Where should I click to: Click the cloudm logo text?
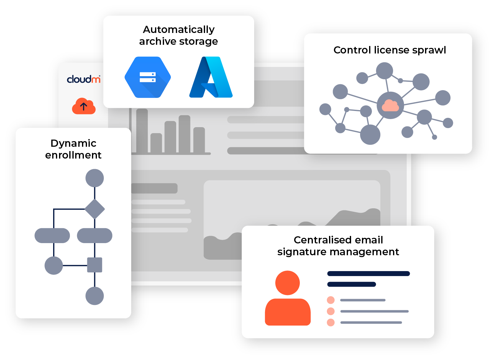tap(83, 79)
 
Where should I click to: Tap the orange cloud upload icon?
tap(84, 106)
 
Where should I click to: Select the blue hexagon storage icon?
tap(148, 77)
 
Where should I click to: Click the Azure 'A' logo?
tap(211, 77)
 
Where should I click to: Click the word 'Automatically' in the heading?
tap(179, 30)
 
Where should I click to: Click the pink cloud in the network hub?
tap(390, 105)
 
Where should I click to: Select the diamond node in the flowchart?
tap(95, 209)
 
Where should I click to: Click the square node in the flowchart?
tap(95, 265)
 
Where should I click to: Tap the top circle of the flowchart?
tap(95, 178)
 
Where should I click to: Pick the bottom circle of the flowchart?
tap(95, 296)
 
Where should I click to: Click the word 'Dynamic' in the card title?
tap(73, 143)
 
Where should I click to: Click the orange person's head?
tap(287, 283)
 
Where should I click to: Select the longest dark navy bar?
tap(368, 274)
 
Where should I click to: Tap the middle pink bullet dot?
tap(331, 311)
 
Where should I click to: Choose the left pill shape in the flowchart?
tap(52, 236)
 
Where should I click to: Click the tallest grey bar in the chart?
tap(142, 131)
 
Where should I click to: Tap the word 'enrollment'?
tap(73, 155)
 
